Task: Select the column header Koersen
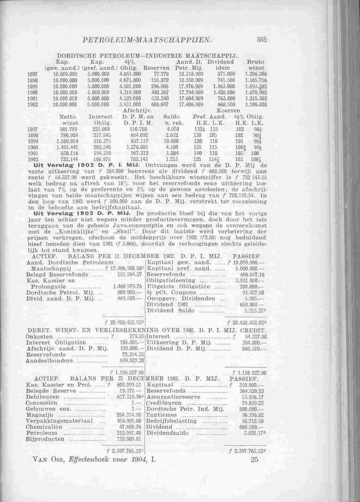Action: pyautogui.click(x=229, y=110)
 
